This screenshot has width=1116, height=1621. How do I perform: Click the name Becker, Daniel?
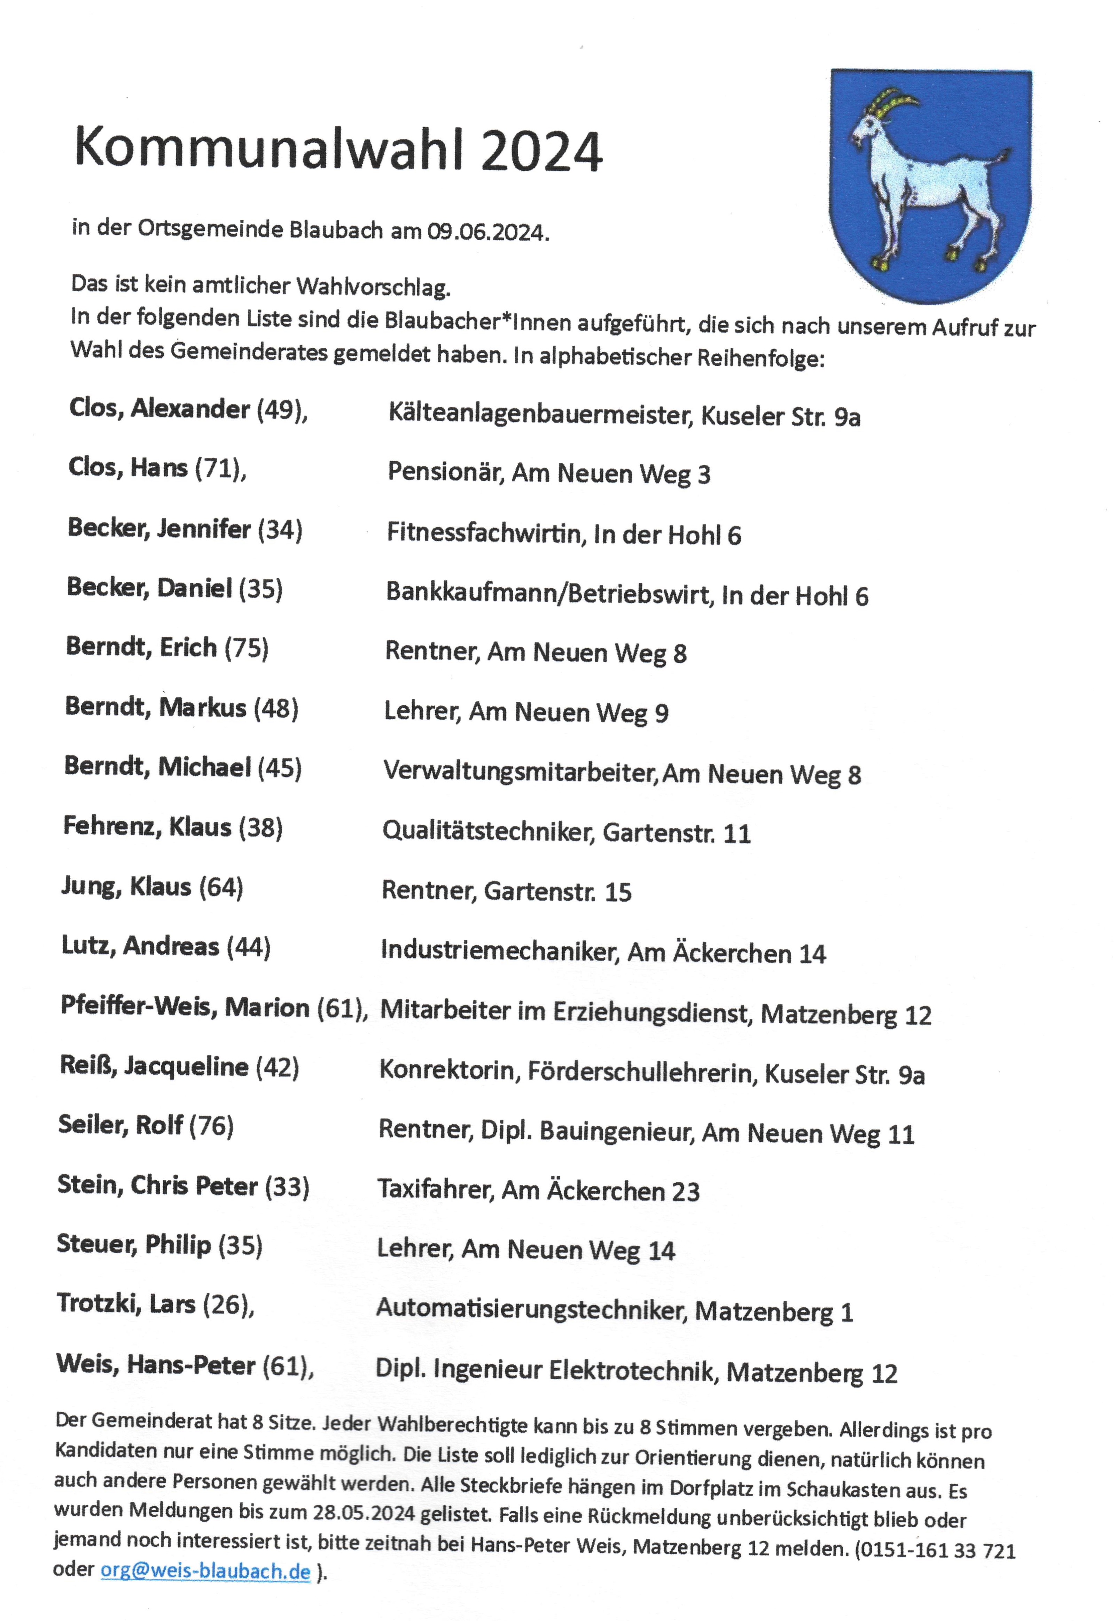(149, 588)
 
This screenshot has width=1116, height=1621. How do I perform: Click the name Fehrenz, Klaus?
(147, 826)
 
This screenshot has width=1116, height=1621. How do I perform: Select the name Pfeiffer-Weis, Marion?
(185, 1007)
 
